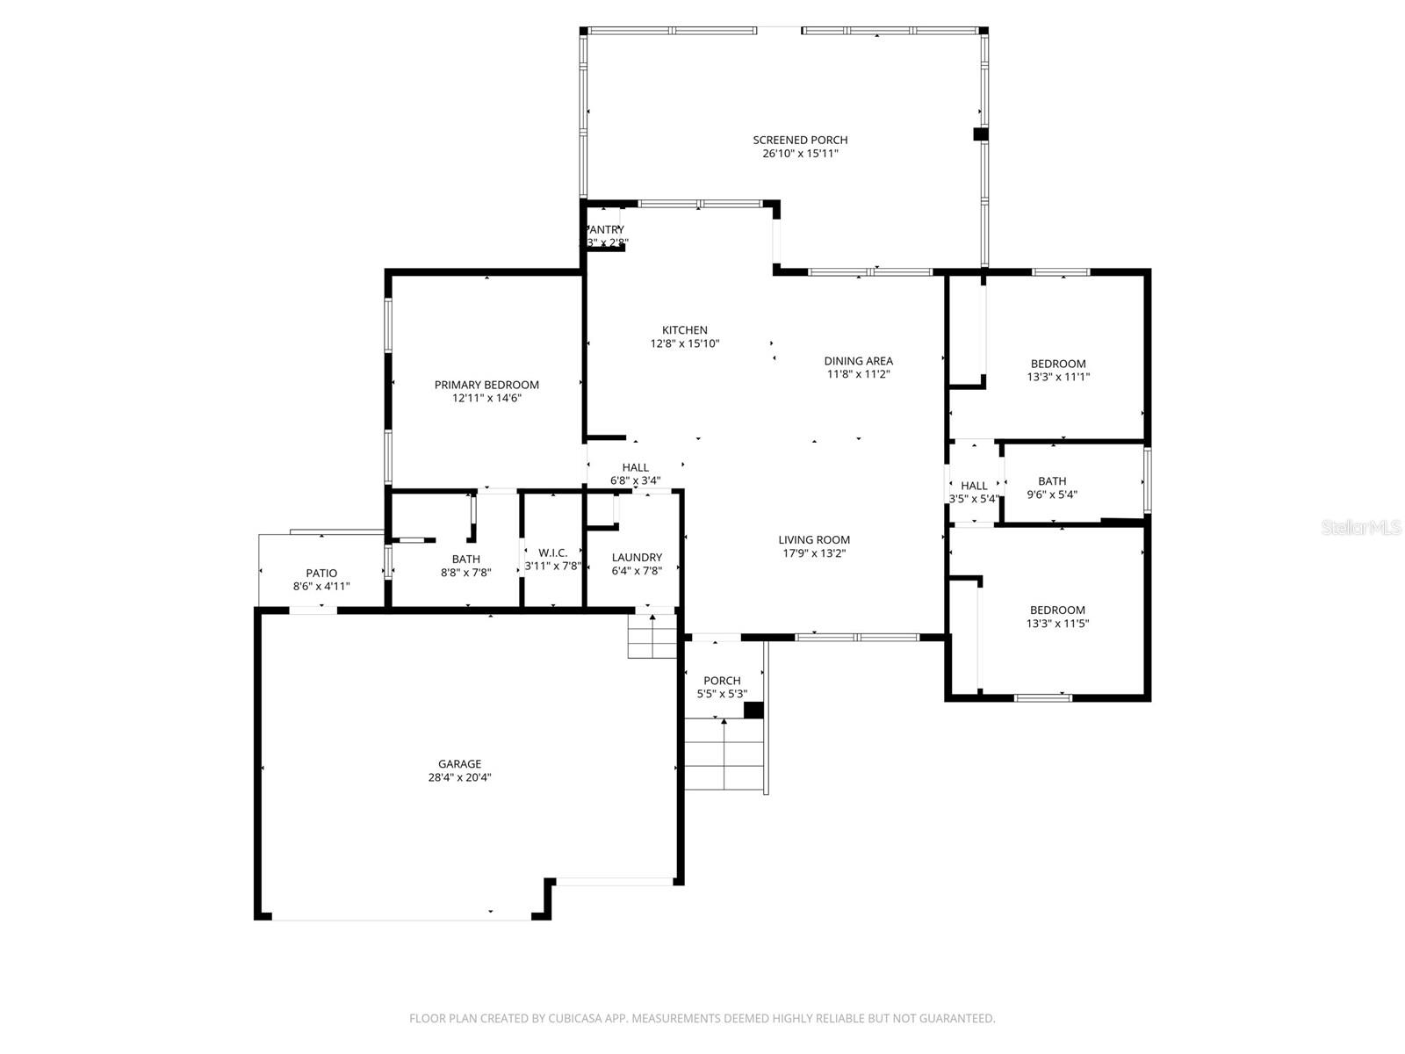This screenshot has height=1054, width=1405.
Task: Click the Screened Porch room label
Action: click(800, 140)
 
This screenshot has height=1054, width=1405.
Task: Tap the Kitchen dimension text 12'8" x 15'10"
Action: click(684, 344)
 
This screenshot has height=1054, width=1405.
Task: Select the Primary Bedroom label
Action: click(486, 385)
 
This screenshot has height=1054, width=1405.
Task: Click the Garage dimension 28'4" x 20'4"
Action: click(460, 777)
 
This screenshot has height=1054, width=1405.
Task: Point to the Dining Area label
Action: click(858, 361)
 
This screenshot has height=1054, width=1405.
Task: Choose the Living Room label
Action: click(814, 540)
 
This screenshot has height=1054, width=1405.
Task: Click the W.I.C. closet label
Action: click(552, 552)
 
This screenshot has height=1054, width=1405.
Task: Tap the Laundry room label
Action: click(637, 558)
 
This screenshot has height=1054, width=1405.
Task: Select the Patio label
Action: click(321, 574)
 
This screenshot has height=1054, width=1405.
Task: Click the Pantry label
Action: click(606, 230)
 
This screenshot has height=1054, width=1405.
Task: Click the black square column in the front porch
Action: click(753, 710)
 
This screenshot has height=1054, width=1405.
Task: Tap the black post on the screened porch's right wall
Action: click(980, 134)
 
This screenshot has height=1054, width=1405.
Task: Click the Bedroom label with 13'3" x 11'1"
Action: click(1058, 364)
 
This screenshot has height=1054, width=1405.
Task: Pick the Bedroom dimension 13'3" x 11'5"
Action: click(1058, 624)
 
